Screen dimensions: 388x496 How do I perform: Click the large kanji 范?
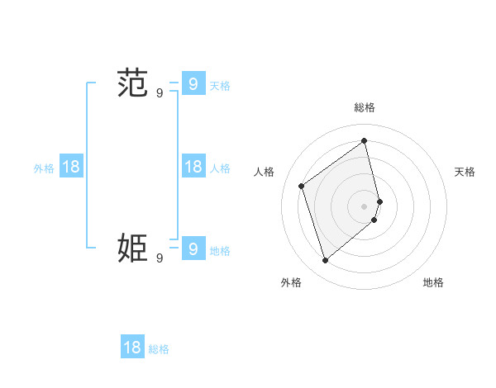[132, 83]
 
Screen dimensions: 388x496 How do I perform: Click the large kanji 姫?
[132, 248]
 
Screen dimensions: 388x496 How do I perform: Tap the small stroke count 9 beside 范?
[160, 93]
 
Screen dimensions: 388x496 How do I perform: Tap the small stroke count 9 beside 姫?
[160, 258]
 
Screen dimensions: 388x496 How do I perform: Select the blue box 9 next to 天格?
[193, 83]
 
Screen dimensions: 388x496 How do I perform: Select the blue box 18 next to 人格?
[193, 166]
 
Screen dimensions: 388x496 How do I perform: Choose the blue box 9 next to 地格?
[193, 248]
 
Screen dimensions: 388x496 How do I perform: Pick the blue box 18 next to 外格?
[71, 166]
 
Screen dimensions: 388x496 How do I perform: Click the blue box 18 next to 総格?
[132, 348]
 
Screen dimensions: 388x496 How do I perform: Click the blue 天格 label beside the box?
[220, 85]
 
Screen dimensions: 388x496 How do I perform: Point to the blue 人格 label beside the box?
[220, 168]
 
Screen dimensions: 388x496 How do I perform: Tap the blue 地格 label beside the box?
[220, 251]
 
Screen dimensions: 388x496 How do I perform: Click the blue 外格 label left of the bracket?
[44, 168]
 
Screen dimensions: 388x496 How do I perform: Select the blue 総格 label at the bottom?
[159, 350]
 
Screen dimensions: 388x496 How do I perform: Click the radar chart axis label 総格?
[365, 107]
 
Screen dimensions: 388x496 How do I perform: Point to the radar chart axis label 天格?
[465, 172]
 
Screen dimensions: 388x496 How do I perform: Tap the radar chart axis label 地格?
[433, 282]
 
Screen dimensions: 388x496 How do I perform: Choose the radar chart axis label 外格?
[291, 282]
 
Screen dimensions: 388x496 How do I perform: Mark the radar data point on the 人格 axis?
[302, 186]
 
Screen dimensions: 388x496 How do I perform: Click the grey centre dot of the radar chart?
[365, 205]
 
